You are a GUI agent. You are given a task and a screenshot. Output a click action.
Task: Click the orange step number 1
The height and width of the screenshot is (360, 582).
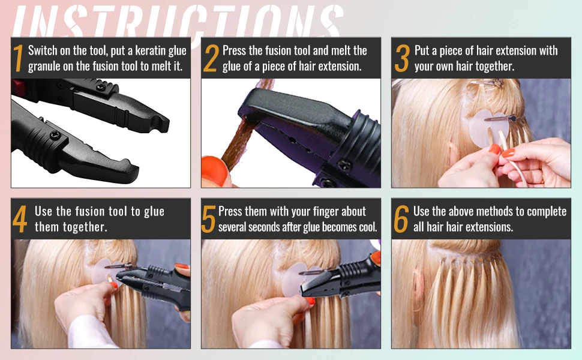[18, 58]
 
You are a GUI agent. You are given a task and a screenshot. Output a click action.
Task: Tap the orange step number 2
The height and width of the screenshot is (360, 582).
[211, 58]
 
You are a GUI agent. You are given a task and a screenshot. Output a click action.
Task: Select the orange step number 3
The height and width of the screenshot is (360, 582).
[402, 58]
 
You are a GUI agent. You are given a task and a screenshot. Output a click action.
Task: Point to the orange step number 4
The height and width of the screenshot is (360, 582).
[20, 219]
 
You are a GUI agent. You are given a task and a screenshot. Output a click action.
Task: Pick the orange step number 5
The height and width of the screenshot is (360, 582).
[208, 219]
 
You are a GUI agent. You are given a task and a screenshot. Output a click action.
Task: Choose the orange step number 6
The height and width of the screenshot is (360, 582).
[401, 219]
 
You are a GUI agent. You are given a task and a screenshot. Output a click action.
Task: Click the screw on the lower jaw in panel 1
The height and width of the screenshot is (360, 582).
[55, 136]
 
